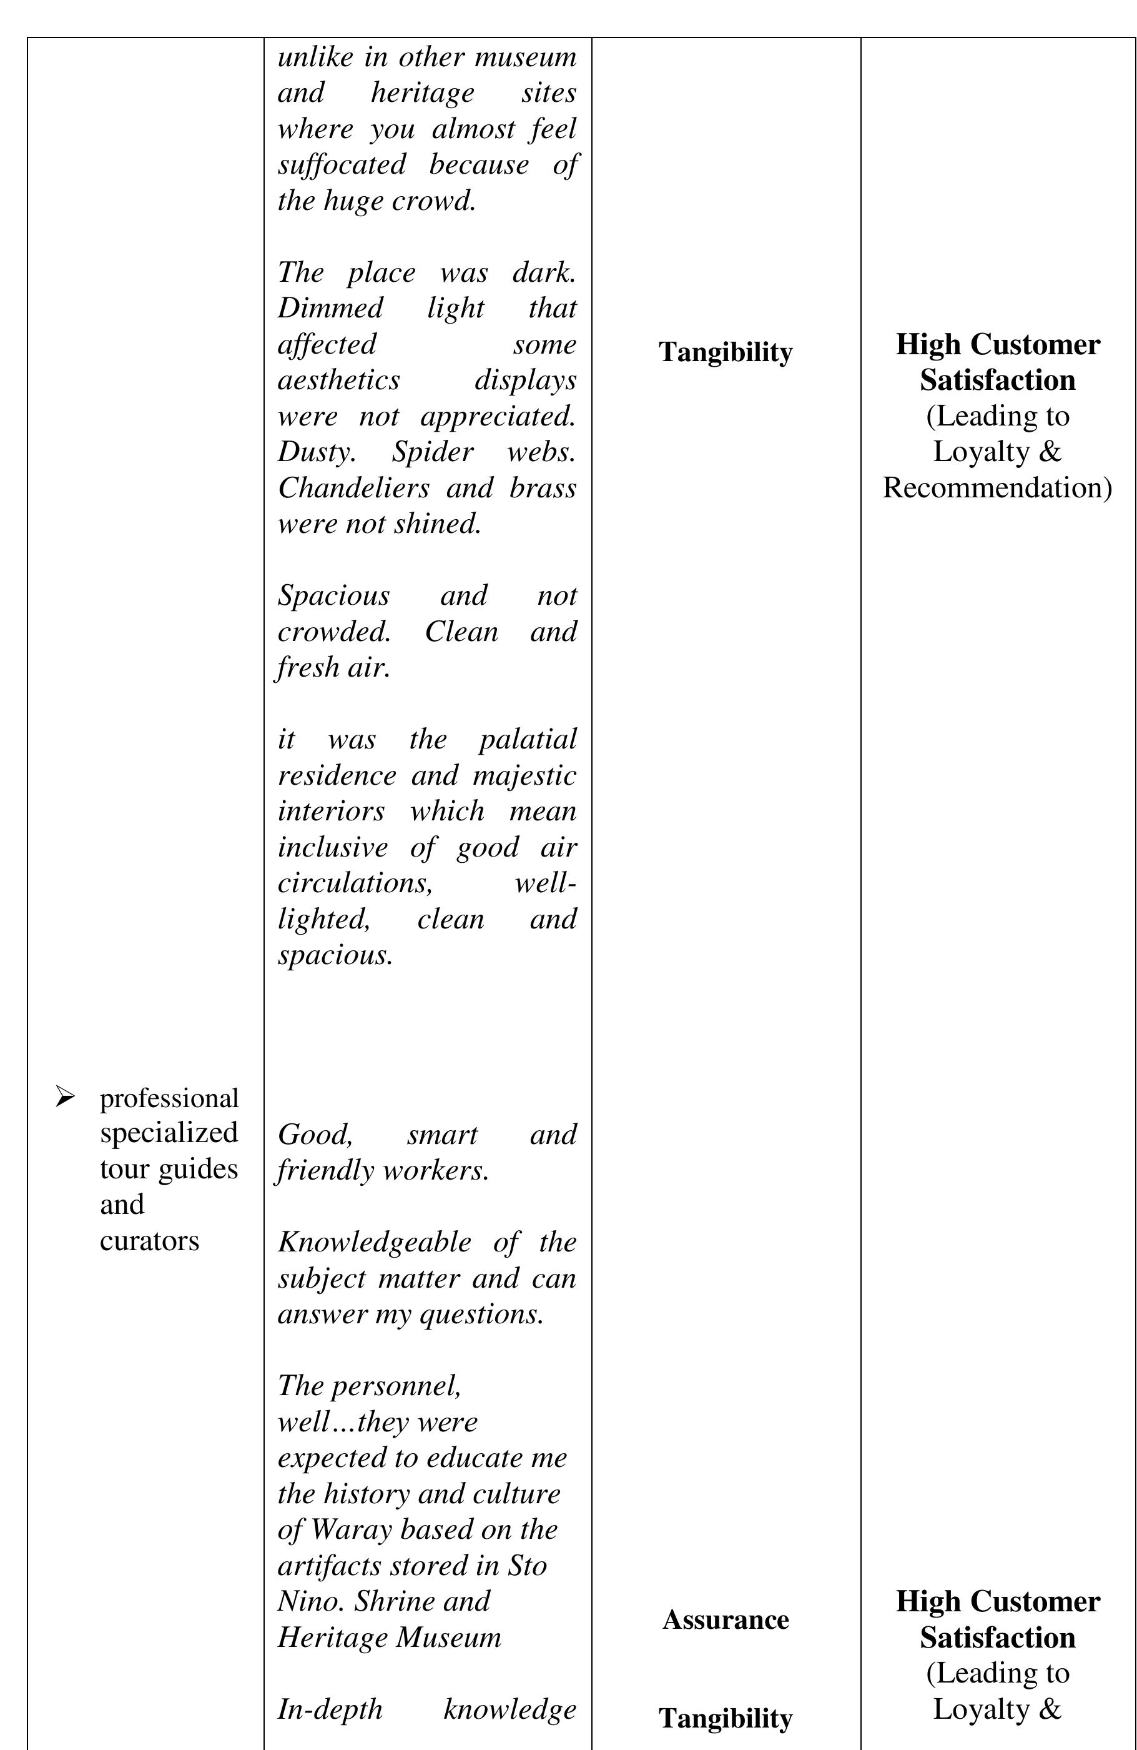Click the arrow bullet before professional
tap(65, 1097)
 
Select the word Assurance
tap(725, 1619)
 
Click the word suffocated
tap(341, 165)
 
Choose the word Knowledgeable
tap(374, 1242)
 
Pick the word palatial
tap(527, 739)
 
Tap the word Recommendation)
tap(997, 487)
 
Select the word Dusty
tap(316, 452)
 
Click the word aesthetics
tap(339, 380)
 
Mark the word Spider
tap(432, 452)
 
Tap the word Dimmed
tap(330, 308)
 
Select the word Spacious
tap(333, 595)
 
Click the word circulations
tap(354, 883)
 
